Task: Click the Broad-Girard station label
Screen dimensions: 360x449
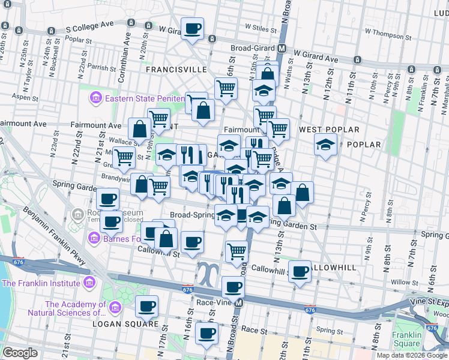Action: [253, 49]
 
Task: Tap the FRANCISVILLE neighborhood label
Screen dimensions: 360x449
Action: [176, 70]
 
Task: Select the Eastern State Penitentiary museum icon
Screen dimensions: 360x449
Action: [95, 98]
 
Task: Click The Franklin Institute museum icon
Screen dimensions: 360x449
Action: [89, 283]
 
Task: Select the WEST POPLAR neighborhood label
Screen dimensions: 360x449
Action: [329, 130]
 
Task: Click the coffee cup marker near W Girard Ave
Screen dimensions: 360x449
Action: [193, 29]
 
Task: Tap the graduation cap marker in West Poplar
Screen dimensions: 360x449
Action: [325, 145]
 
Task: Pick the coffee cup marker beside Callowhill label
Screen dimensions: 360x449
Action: [300, 271]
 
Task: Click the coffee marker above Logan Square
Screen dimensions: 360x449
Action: [146, 307]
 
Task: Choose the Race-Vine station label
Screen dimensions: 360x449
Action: [214, 303]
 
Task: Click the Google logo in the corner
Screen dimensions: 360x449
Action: [20, 353]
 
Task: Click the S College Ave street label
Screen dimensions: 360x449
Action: [89, 28]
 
